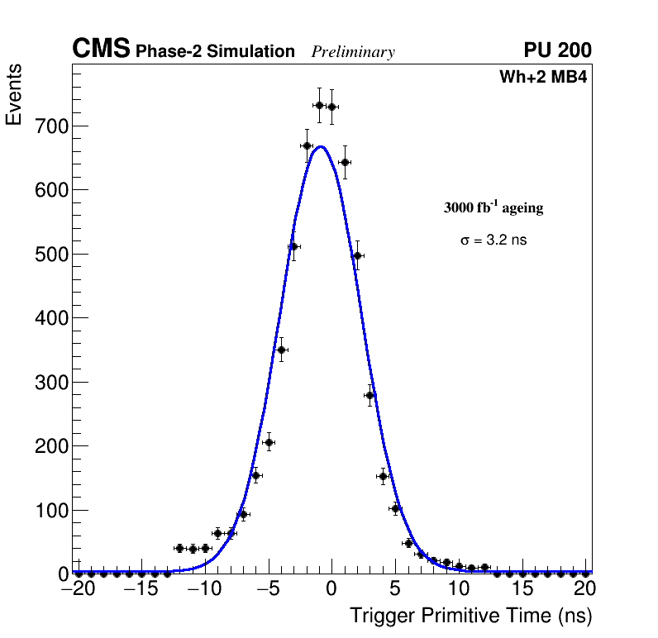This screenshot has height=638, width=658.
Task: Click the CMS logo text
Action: tap(101, 50)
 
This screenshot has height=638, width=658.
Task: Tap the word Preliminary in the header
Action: tap(353, 52)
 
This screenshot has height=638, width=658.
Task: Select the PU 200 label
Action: tap(557, 50)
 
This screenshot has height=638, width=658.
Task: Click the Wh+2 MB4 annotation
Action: tap(543, 78)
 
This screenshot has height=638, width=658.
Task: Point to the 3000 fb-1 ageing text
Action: tap(493, 208)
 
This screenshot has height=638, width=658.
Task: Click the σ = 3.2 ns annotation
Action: tap(493, 240)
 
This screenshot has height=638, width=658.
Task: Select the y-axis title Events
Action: tap(14, 95)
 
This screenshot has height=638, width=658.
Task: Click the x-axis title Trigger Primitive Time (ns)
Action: tap(470, 617)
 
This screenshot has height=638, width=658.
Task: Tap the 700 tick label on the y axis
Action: tap(50, 126)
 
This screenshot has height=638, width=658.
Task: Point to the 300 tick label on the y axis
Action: tap(50, 382)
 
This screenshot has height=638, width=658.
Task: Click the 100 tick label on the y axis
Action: tap(50, 510)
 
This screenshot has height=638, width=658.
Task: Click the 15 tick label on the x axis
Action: tap(522, 589)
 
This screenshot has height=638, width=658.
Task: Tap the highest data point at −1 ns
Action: tap(319, 105)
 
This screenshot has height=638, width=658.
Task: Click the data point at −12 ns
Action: tap(179, 548)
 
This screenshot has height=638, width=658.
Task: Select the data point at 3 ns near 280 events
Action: tap(370, 395)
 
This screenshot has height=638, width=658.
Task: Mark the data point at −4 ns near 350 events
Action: tap(281, 350)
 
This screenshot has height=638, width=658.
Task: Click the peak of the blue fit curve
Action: tap(321, 146)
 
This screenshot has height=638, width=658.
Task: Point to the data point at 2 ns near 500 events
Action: tap(357, 255)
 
